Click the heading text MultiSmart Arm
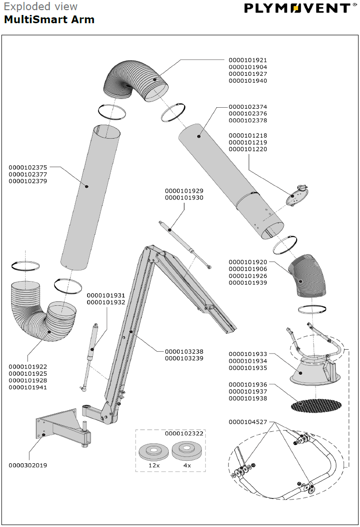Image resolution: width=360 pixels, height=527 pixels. pos(49,20)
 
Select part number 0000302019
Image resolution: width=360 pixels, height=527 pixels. pos(28,465)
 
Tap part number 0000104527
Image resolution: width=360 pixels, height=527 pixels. pos(248,422)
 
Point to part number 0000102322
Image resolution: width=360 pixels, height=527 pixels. pos(184,434)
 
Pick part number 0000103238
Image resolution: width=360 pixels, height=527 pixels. pos(184,352)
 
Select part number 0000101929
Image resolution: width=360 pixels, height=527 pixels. pos(184,191)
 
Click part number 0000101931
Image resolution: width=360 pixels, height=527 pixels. pos(106,295)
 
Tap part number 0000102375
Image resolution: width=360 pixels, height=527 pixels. pos(28,167)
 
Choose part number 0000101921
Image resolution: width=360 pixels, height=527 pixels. pos(248,60)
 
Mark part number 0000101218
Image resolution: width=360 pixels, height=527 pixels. pos(248,136)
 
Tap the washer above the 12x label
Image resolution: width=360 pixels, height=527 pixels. pos(154,453)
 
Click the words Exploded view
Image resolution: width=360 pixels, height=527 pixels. pos(41,7)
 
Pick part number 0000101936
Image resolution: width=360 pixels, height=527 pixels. pos(248,385)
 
